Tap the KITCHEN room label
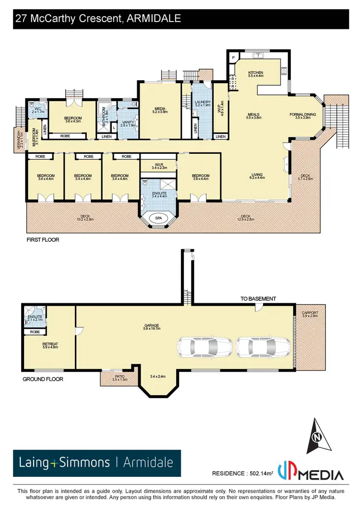pos(255,73)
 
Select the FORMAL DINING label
pos(303,114)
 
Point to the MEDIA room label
pos(160,109)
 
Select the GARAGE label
pos(152,325)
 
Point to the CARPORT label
pos(310,313)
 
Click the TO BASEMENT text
pos(258,299)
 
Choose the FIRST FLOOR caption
pos(42,239)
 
